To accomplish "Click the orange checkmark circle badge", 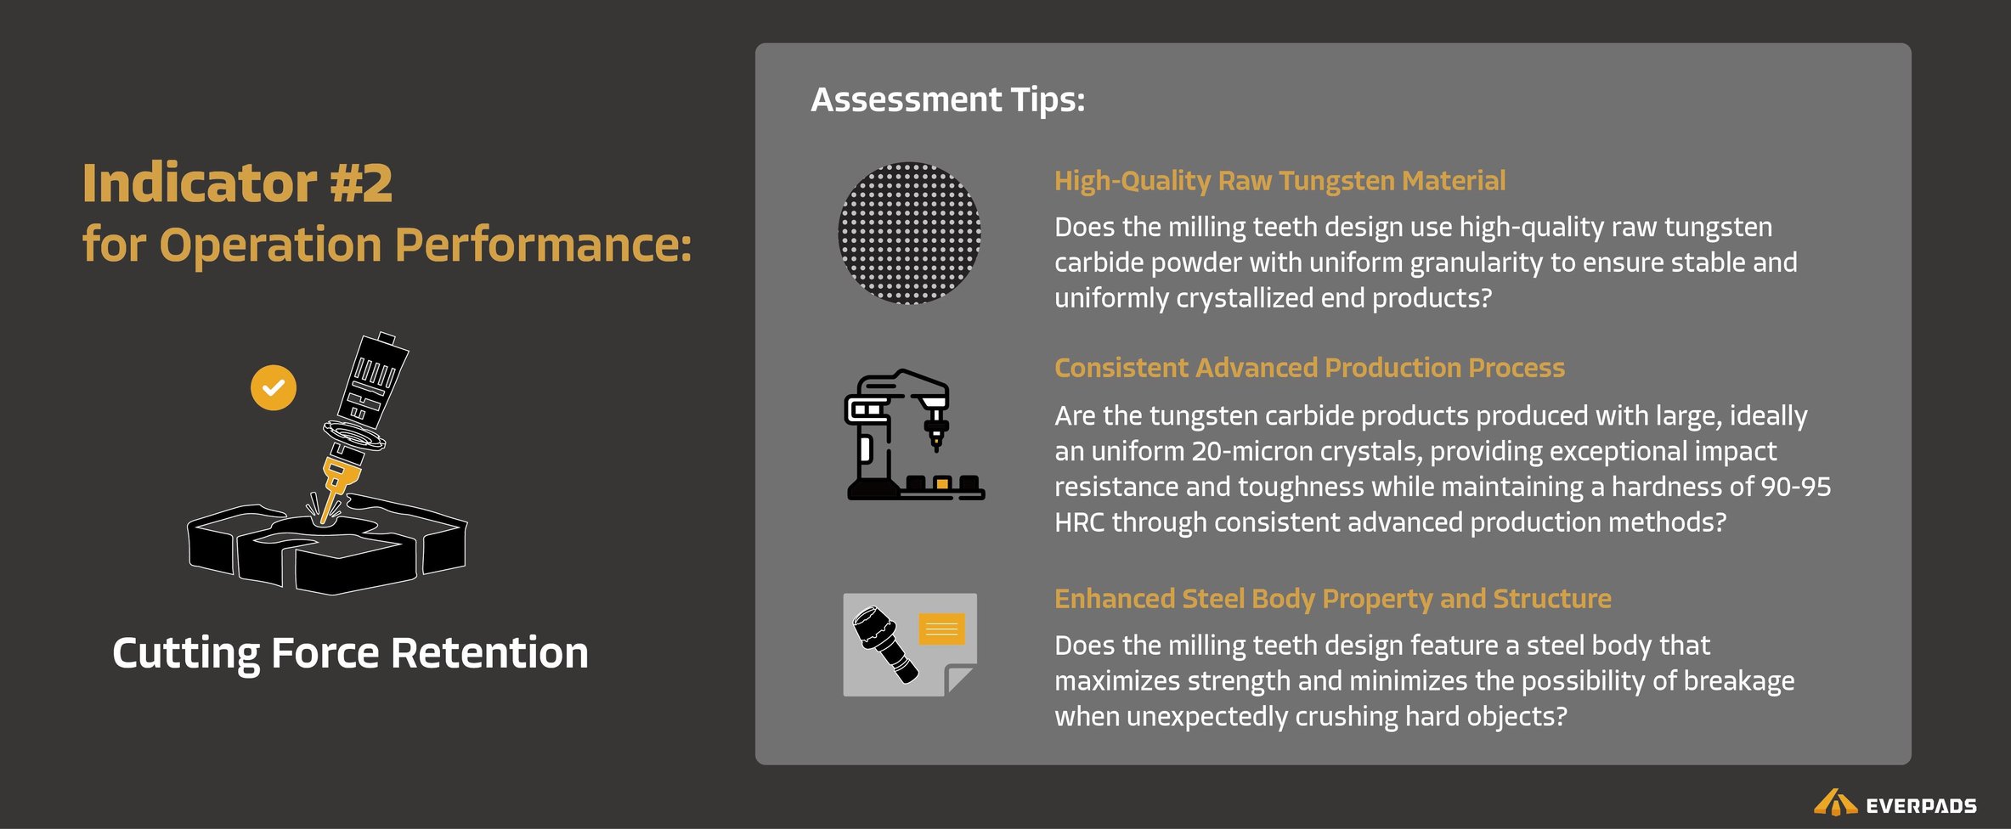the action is point(274,388).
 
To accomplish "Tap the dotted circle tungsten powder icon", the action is point(909,233).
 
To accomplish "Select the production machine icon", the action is point(915,434).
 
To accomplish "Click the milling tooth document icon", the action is point(910,645).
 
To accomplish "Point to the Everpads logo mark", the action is point(1835,803).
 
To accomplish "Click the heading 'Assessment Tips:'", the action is point(948,100).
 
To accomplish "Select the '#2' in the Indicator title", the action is point(361,183).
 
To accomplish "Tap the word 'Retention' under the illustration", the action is point(489,652).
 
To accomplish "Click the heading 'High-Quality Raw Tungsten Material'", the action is point(1279,181).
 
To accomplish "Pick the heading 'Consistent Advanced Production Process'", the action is point(1309,368).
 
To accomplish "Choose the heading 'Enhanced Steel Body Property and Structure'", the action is point(1332,599).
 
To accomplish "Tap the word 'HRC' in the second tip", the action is point(1079,522).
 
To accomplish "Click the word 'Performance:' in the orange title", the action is point(544,245).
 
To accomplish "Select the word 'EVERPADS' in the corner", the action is point(1921,805).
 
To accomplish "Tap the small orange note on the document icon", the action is point(941,629).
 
